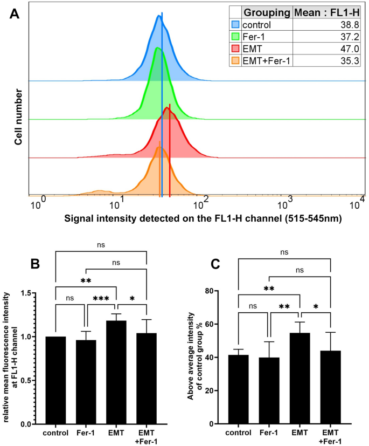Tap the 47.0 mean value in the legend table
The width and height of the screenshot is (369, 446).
(x=351, y=49)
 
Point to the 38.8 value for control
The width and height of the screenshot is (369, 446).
(x=351, y=25)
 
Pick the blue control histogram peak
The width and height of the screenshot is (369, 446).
(x=159, y=17)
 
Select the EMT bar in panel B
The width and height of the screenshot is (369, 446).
(x=116, y=372)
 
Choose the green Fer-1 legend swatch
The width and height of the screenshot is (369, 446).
(x=235, y=37)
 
